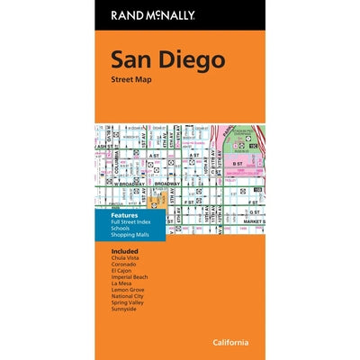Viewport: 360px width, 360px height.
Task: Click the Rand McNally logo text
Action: point(179,15)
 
